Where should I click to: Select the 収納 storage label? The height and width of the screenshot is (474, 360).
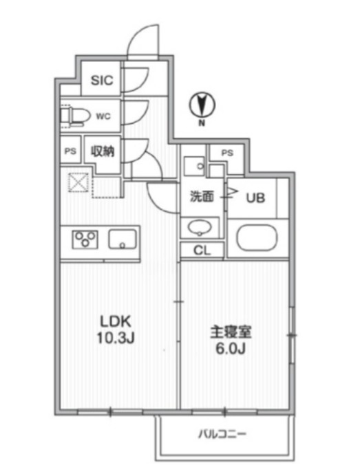point(103,151)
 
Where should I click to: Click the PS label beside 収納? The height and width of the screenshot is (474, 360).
point(70,151)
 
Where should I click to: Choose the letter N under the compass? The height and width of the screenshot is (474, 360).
point(202,124)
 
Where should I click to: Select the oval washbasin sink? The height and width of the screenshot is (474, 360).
point(200,228)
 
